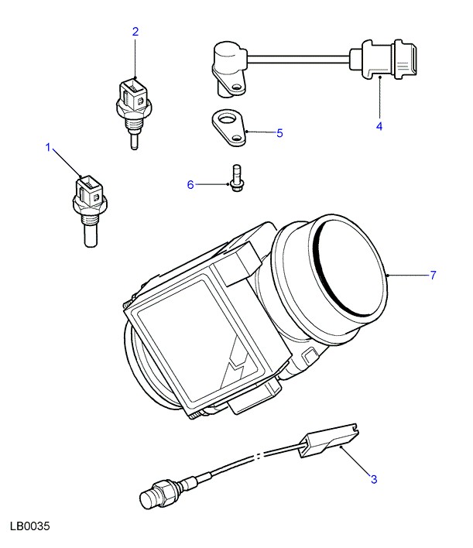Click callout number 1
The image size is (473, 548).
[x=49, y=146]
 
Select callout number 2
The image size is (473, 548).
[x=135, y=32]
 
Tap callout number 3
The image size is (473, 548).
[x=373, y=479]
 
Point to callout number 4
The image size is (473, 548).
[x=379, y=125]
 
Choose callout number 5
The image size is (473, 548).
[x=279, y=132]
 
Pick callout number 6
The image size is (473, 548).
[x=190, y=184]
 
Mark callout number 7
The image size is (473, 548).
[x=434, y=275]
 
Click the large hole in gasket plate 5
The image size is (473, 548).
[x=226, y=119]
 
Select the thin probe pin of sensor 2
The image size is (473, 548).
[x=135, y=141]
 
